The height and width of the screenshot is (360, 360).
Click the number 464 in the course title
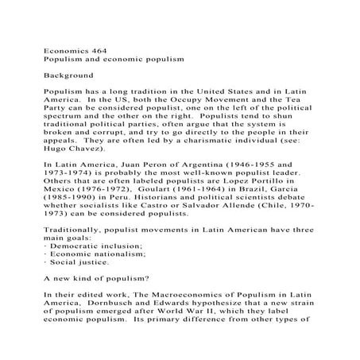click(x=98, y=48)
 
